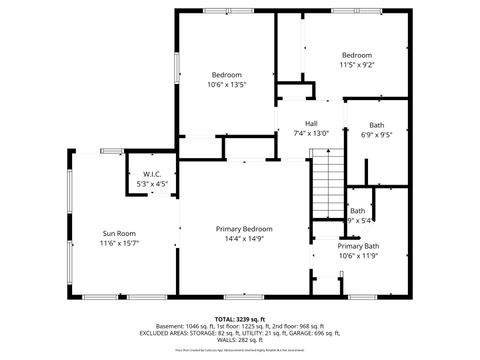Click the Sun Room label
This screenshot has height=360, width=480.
pyautogui.click(x=119, y=232)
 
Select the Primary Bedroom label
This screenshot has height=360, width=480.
pyautogui.click(x=244, y=229)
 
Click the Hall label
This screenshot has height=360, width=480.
pyautogui.click(x=311, y=124)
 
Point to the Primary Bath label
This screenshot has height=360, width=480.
pyautogui.click(x=357, y=246)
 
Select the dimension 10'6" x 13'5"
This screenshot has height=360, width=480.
pyautogui.click(x=226, y=85)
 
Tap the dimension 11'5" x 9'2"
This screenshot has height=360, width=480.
pyautogui.click(x=357, y=65)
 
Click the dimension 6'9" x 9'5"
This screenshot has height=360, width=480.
pyautogui.click(x=377, y=134)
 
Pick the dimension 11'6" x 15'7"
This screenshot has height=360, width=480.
pyautogui.click(x=119, y=243)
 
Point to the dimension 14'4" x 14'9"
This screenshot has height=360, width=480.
pyautogui.click(x=244, y=239)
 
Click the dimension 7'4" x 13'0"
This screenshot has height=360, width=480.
pyautogui.click(x=311, y=134)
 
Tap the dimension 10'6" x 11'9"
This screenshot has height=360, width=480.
pyautogui.click(x=357, y=256)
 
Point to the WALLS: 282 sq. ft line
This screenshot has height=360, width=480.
pyautogui.click(x=240, y=339)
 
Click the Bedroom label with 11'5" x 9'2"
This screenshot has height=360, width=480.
pyautogui.click(x=357, y=55)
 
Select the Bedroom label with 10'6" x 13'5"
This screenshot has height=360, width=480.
pyautogui.click(x=226, y=75)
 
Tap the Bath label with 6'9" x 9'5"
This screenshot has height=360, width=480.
pyautogui.click(x=377, y=124)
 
